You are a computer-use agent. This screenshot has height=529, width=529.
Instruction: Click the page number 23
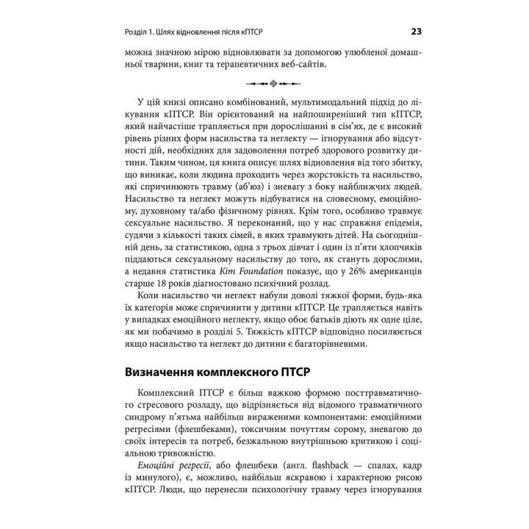coord(415,32)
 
